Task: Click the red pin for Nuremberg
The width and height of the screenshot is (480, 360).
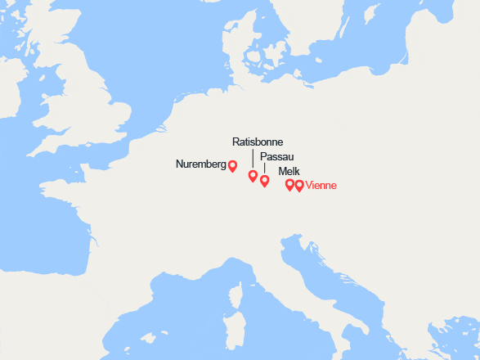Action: (232, 166)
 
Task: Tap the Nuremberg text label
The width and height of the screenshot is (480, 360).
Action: (200, 164)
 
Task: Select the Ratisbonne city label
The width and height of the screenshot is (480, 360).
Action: (258, 142)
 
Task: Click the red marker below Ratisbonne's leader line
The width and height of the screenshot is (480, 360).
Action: (253, 175)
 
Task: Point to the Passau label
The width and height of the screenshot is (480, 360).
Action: (276, 156)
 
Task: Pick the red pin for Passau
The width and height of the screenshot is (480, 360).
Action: (264, 181)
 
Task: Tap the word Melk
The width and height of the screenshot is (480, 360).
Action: (289, 171)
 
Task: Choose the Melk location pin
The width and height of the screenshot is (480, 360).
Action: (289, 185)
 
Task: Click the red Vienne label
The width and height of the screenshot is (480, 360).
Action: (321, 186)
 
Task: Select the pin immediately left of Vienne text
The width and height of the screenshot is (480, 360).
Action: (299, 185)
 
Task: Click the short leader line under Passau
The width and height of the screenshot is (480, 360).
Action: (264, 168)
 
